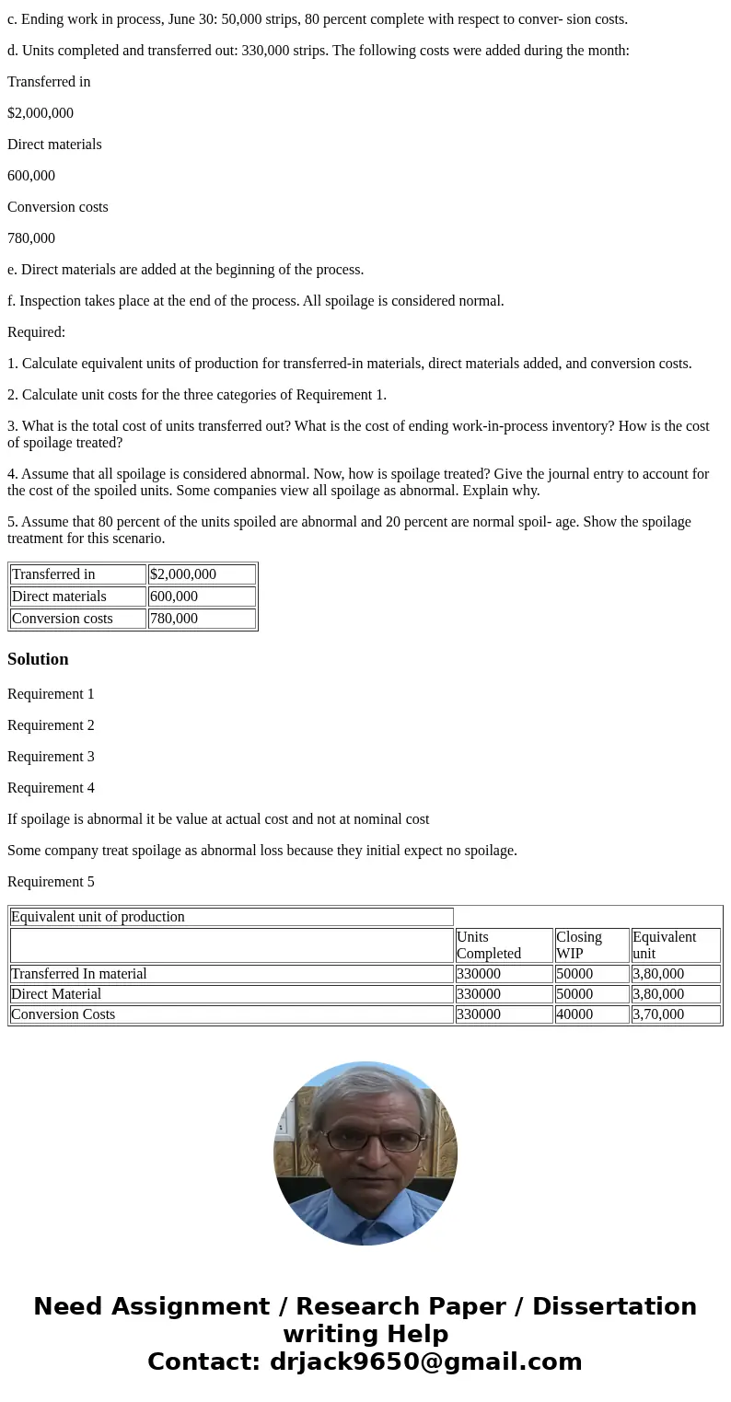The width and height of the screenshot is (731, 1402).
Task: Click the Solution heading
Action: point(38,659)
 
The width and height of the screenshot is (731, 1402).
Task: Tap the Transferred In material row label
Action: point(79,974)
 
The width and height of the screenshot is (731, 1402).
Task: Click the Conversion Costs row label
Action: point(64,1014)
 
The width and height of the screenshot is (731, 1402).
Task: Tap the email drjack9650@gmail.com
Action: point(425,1362)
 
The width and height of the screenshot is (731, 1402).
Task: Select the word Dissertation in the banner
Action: point(614,1307)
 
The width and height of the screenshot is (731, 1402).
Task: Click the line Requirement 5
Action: point(51,882)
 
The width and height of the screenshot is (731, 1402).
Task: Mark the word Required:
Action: point(36,332)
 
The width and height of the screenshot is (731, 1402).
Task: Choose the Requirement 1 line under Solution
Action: point(51,694)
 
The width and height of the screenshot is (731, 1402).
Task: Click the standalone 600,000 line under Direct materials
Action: point(31,176)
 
